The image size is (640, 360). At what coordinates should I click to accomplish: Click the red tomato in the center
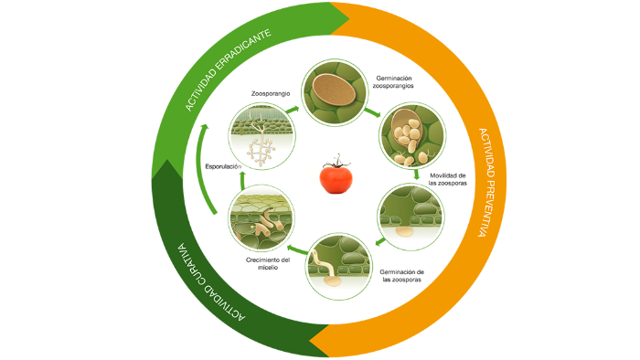pos(336,178)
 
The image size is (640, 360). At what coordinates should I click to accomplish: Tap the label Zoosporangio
pos(271,94)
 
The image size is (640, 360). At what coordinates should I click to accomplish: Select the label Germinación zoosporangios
pos(393,82)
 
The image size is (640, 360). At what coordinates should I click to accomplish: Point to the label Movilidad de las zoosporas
pos(447,179)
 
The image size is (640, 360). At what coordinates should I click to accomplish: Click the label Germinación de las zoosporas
pos(401,276)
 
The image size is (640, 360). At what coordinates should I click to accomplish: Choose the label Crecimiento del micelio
pos(268,263)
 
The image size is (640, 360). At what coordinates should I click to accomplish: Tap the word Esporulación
pos(223,166)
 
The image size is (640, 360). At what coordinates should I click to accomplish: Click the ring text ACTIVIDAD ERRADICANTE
pos(228,70)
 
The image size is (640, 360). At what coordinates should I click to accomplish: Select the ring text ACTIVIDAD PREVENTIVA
pos(487,182)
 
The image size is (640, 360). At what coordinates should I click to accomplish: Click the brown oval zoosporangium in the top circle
pos(334,90)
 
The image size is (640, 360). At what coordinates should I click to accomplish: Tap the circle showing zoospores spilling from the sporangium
pos(411,135)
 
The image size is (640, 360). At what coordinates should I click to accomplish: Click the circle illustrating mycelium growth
pos(261,217)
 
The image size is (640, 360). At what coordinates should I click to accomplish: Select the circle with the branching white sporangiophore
pos(261,136)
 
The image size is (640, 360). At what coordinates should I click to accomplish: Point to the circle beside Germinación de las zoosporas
pos(338,266)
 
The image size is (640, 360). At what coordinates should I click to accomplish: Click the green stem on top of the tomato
pos(336,162)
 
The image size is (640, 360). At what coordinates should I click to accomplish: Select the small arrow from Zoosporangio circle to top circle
pos(293,110)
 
